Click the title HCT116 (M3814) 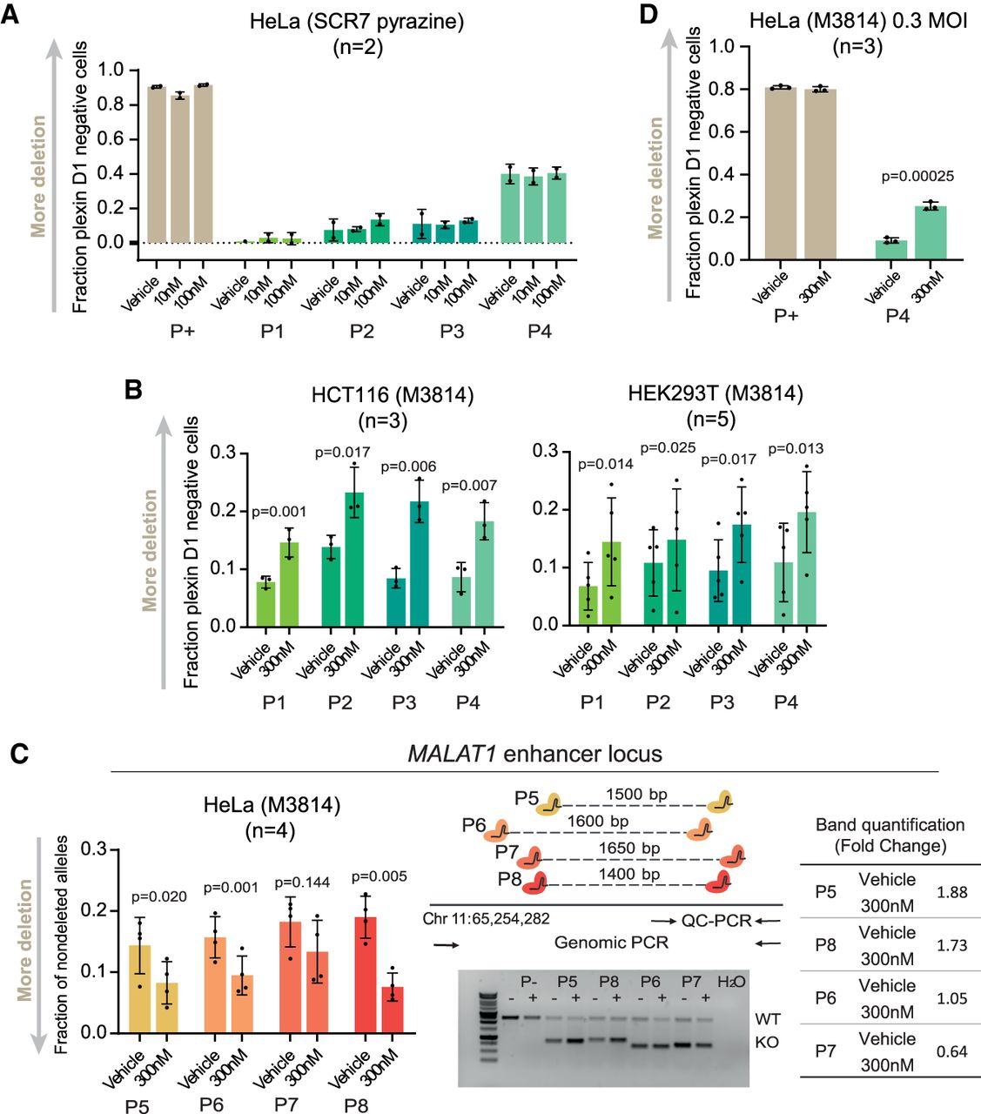tap(393, 394)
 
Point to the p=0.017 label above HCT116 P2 tap(342, 452)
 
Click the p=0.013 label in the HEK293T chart tap(796, 448)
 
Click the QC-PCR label tap(716, 920)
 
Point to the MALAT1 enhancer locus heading tap(534, 754)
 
